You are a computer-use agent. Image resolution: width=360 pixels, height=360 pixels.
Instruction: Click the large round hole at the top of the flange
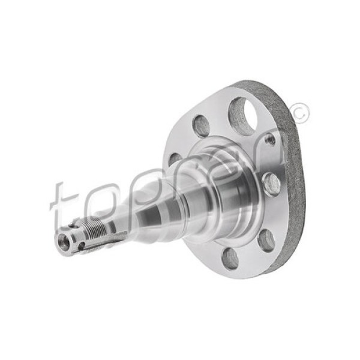[x=242, y=116]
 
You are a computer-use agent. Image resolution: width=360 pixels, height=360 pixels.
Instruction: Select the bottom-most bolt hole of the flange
[x=230, y=258]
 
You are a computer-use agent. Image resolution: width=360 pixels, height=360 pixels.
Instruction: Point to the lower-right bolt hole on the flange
[x=266, y=240]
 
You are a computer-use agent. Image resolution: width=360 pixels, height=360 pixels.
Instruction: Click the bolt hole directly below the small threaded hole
[x=271, y=184]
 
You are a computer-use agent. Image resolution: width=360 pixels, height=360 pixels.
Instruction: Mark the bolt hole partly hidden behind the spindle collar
[x=175, y=160]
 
